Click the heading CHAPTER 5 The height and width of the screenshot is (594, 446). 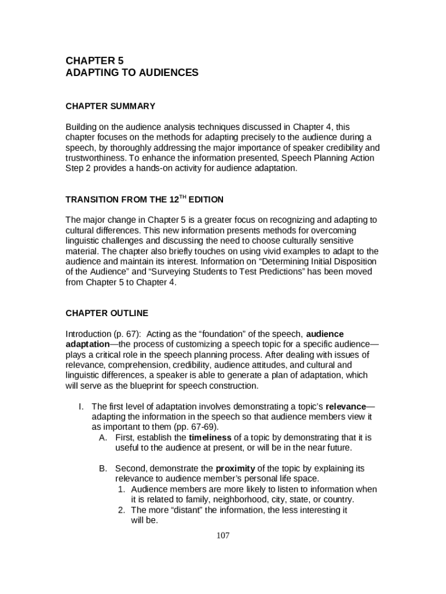click(x=94, y=60)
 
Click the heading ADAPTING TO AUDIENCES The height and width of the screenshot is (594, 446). click(x=131, y=73)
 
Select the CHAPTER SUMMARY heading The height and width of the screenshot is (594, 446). click(x=110, y=106)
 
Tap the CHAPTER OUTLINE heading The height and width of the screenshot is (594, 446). click(x=107, y=313)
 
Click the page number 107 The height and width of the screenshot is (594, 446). click(x=223, y=535)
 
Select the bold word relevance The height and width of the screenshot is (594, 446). click(x=347, y=406)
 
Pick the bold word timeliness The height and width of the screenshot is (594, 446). click(x=210, y=437)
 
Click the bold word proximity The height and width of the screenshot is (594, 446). click(x=235, y=468)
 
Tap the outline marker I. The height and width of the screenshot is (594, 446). click(x=82, y=406)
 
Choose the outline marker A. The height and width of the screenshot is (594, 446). click(x=103, y=437)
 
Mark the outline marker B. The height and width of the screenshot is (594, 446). click(x=103, y=468)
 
